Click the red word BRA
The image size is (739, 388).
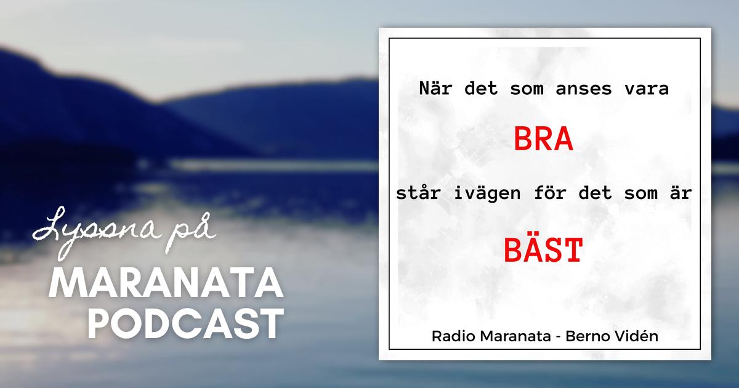pyautogui.click(x=543, y=139)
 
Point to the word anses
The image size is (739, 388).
pyautogui.click(x=584, y=89)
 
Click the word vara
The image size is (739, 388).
pyautogui.click(x=647, y=89)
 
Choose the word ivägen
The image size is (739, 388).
pyautogui.click(x=487, y=192)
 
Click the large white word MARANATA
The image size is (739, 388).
pyautogui.click(x=166, y=283)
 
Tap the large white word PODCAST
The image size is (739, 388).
pyautogui.click(x=186, y=323)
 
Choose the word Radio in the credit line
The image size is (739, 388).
pyautogui.click(x=453, y=336)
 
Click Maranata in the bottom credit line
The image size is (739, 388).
pyautogui.click(x=515, y=336)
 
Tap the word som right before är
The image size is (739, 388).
pyautogui.click(x=640, y=193)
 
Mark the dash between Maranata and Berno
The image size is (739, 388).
pyautogui.click(x=559, y=337)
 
